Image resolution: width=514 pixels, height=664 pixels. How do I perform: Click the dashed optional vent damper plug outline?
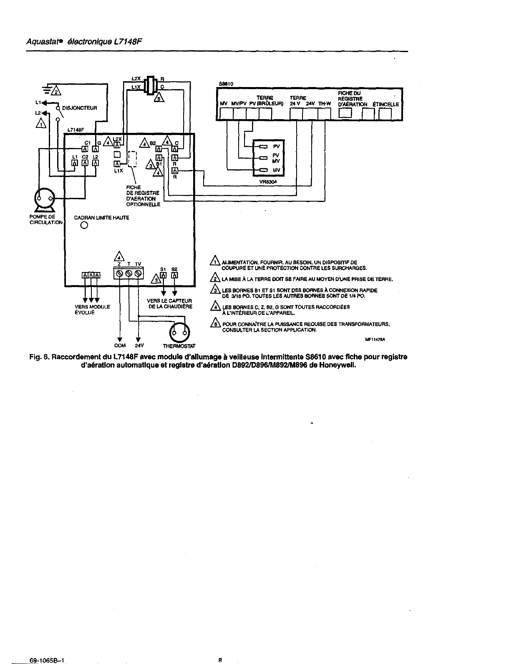click(133, 159)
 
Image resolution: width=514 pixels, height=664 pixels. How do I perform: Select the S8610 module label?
click(226, 83)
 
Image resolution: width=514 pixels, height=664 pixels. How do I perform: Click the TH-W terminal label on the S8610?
click(324, 103)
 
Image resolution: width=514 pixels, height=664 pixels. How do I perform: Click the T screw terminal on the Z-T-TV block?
click(129, 274)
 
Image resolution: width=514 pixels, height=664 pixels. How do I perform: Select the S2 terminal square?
click(174, 275)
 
